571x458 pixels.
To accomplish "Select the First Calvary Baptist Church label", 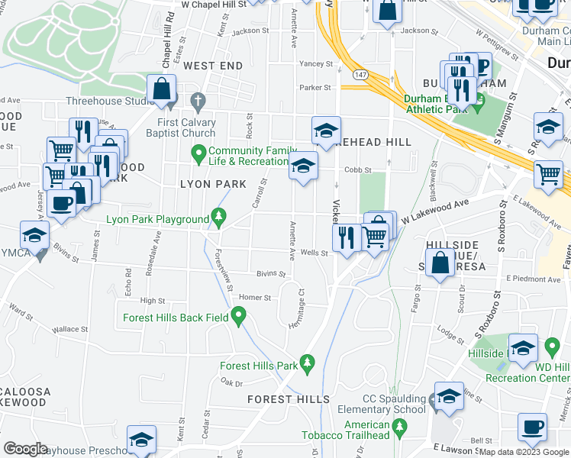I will [x=175, y=127].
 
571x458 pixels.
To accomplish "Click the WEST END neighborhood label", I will [x=213, y=66].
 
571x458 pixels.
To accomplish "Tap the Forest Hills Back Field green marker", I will [x=239, y=314].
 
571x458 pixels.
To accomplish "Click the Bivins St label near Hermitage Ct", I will [x=271, y=273].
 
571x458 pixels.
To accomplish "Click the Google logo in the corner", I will [x=26, y=449].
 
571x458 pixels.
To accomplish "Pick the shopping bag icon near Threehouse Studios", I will [x=162, y=89].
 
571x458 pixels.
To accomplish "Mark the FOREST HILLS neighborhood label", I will [x=289, y=399].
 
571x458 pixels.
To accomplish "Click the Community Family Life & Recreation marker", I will [x=199, y=155].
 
